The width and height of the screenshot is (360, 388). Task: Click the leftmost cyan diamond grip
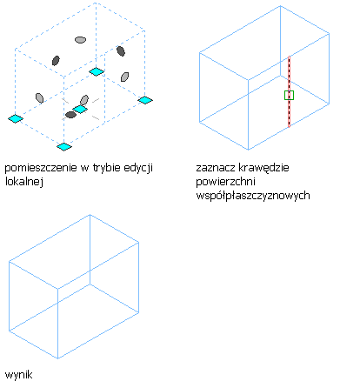[x=16, y=118]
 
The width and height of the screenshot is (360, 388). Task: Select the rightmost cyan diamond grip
[x=145, y=100]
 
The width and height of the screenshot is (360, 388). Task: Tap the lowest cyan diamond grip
[x=64, y=147]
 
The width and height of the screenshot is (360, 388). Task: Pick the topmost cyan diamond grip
[x=97, y=71]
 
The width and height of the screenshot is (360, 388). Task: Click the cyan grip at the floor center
[x=80, y=110]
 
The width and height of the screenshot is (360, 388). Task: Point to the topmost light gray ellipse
[x=80, y=40]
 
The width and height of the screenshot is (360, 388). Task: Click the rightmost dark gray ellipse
[x=121, y=51]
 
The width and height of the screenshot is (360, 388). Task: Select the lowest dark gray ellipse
[x=70, y=115]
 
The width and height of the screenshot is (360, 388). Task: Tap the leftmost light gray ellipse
[x=39, y=98]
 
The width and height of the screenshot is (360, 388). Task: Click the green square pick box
[x=289, y=95]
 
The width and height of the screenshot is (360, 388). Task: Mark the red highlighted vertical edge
[x=289, y=91]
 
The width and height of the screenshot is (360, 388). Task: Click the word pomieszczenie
[x=41, y=168]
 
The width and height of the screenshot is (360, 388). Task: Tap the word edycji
[x=138, y=168]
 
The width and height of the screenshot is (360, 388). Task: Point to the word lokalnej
[x=24, y=182]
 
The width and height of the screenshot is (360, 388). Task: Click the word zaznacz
[x=216, y=168]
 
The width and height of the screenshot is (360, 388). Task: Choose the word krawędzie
[x=263, y=168]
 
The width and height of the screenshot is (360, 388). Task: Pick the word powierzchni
[x=225, y=182]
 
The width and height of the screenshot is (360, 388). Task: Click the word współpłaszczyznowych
[x=253, y=196]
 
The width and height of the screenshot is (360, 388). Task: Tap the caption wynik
[x=18, y=375]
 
